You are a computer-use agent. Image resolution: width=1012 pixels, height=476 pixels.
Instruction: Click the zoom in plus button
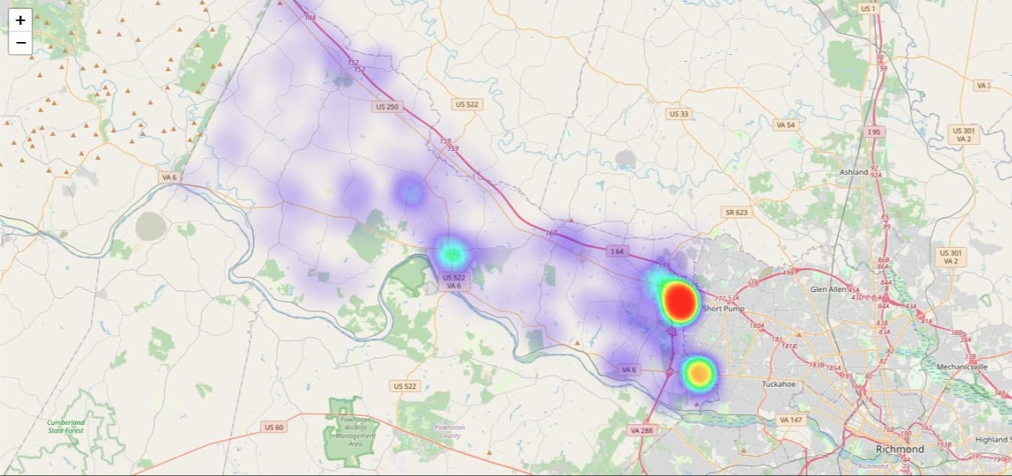(20, 20)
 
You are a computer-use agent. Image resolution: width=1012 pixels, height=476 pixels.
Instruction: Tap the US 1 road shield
(868, 8)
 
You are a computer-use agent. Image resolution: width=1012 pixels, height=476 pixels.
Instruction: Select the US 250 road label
(387, 107)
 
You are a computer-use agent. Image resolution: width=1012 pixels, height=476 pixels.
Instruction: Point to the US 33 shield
(678, 113)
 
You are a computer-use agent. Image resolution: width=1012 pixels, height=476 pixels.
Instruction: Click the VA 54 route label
(785, 125)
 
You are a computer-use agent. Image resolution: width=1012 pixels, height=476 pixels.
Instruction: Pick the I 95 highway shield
(873, 131)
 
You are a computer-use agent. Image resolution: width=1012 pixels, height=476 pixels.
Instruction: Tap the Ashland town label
(853, 172)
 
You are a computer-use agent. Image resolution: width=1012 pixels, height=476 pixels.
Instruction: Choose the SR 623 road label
(736, 212)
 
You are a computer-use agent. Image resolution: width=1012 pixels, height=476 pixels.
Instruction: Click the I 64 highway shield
(618, 251)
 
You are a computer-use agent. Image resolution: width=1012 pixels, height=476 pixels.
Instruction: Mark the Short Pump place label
(722, 309)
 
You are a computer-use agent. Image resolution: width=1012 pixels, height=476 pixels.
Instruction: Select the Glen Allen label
(828, 289)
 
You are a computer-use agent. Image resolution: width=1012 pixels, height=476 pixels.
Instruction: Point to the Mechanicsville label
(962, 366)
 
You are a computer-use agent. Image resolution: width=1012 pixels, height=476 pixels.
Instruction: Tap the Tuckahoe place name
(778, 384)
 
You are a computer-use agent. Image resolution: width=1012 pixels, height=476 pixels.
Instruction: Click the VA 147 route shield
(791, 420)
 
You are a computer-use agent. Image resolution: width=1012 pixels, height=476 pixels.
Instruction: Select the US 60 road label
(274, 427)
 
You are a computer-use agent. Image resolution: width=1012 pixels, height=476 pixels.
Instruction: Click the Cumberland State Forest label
(66, 426)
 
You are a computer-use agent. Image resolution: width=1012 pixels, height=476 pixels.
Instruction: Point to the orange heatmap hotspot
(699, 372)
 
